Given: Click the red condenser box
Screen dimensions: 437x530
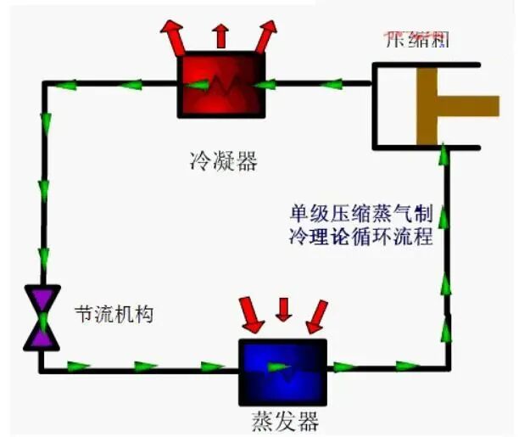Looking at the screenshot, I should point(220,85).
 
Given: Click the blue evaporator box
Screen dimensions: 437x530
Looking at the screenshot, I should point(282,370).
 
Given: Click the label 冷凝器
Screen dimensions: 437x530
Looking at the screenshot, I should point(224,159).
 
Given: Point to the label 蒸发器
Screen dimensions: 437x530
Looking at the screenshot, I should point(285,419).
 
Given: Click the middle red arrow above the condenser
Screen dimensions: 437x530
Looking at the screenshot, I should point(220,35).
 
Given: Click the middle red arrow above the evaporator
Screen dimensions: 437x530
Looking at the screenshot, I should point(283,309).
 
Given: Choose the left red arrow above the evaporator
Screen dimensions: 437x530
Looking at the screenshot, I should point(251,313).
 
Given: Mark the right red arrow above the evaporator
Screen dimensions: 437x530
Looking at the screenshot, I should point(316,314).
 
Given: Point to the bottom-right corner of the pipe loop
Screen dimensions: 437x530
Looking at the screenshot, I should point(446,367).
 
